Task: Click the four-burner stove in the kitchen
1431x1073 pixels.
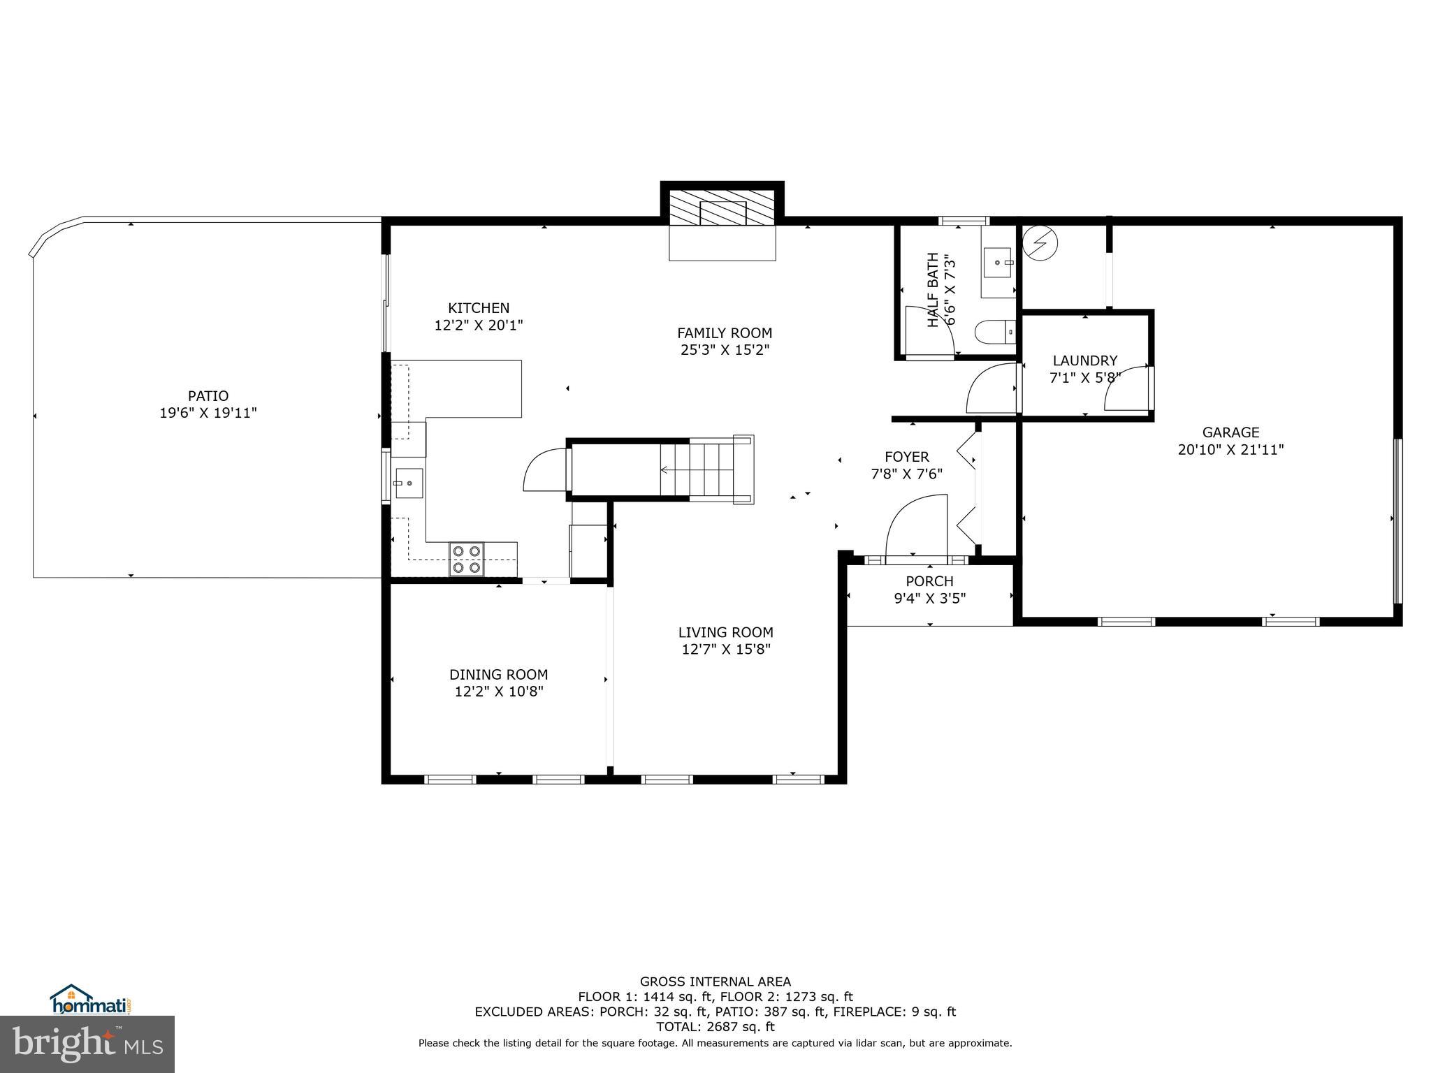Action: [x=467, y=559]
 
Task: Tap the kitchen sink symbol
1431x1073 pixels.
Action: [x=409, y=483]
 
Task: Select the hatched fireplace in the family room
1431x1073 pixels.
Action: [x=722, y=208]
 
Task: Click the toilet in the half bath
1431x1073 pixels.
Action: [x=994, y=333]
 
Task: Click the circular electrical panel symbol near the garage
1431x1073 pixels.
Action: [x=1040, y=243]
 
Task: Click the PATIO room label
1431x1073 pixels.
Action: [x=208, y=396]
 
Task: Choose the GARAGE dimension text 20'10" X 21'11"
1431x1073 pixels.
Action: [x=1230, y=450]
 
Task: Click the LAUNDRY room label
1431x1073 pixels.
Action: [x=1084, y=360]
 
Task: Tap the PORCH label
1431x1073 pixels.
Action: [x=929, y=581]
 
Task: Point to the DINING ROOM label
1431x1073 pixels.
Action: [x=498, y=675]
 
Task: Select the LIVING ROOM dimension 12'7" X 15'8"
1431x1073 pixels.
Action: [x=726, y=650]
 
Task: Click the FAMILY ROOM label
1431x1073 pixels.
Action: [x=725, y=333]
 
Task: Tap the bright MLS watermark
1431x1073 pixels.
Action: [x=87, y=1044]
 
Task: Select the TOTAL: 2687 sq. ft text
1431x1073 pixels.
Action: [x=715, y=1027]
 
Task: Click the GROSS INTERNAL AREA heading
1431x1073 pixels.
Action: [x=715, y=981]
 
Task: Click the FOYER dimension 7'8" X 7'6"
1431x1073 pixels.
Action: [x=906, y=474]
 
